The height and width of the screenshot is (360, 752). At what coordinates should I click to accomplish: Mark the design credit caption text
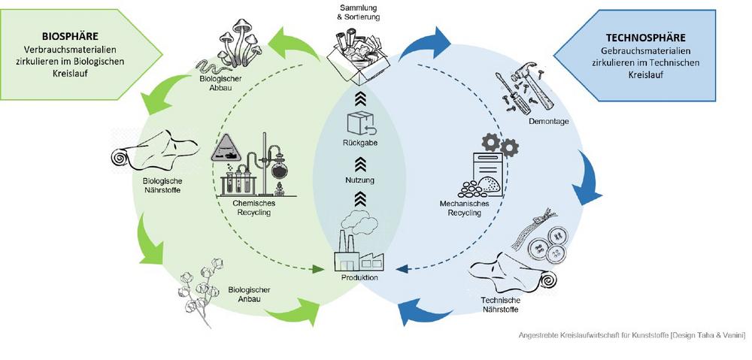632,335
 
